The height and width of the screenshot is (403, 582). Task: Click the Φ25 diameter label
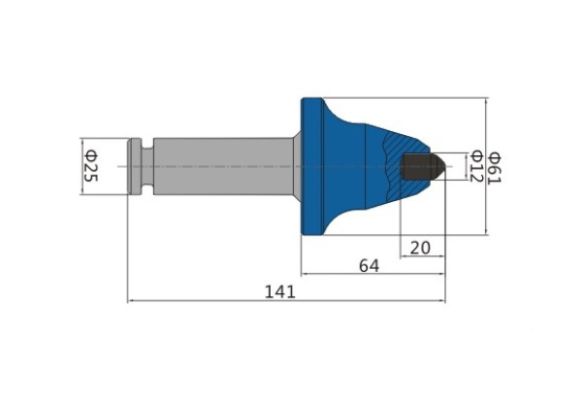91,166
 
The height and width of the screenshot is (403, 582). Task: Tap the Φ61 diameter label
496,168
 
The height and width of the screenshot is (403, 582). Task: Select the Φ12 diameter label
476,166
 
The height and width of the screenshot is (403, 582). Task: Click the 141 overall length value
280,292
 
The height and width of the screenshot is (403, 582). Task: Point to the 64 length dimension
370,266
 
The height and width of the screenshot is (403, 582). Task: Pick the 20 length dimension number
420,248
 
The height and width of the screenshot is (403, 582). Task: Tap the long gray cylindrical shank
223,166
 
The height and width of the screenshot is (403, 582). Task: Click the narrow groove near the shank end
147,166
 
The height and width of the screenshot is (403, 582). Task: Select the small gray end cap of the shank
135,166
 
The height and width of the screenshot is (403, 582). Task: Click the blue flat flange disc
311,166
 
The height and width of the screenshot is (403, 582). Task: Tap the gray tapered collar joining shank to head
297,166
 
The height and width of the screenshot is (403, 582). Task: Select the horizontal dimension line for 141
286,301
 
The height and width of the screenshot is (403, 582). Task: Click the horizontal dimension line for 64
372,274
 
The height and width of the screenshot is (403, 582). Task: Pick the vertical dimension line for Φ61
487,166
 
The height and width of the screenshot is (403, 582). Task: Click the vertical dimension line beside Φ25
82,166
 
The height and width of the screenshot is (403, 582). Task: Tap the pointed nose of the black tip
445,166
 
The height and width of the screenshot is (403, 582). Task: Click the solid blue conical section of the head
374,166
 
